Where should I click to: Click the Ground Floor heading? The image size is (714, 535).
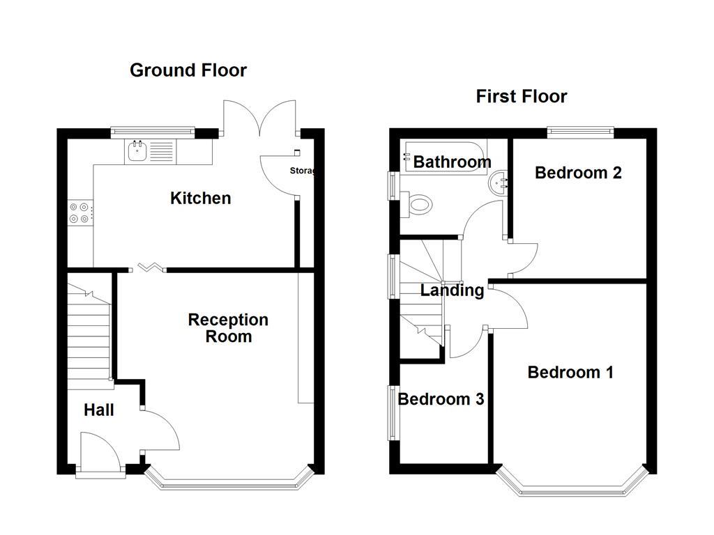click(188, 70)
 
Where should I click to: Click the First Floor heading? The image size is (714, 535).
click(522, 96)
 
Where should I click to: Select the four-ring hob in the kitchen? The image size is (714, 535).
click(79, 212)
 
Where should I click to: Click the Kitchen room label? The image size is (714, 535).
click(200, 199)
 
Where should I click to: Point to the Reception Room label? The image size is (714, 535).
click(228, 328)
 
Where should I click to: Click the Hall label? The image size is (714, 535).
click(99, 410)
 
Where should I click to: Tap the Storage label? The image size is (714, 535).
click(303, 171)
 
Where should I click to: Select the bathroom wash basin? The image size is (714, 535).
click(500, 183)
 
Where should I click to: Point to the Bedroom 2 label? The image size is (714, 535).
click(578, 173)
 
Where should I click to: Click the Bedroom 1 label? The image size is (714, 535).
click(570, 372)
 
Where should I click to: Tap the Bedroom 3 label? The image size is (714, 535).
click(441, 399)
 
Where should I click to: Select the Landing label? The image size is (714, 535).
click(452, 290)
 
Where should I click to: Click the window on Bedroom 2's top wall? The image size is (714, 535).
click(580, 130)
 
